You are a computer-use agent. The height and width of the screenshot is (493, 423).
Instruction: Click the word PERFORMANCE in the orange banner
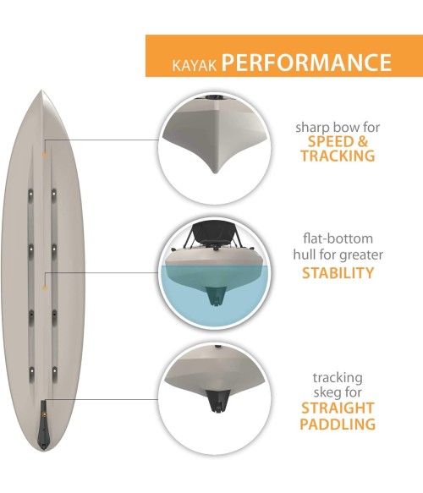[x=306, y=62]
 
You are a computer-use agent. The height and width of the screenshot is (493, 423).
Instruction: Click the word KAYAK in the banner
[x=195, y=64]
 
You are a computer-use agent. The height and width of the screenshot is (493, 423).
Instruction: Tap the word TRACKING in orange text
[x=338, y=156]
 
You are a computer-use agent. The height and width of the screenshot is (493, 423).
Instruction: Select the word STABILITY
[x=338, y=273]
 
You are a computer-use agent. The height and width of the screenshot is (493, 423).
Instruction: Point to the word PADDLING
[x=338, y=424]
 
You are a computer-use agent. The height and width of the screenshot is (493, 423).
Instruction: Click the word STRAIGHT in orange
[x=338, y=408]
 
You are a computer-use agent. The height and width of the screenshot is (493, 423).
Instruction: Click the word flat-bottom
[x=338, y=238]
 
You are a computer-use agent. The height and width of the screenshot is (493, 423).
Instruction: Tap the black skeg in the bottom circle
[x=217, y=401]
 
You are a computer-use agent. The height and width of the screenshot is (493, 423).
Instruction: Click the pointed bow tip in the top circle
[x=215, y=171]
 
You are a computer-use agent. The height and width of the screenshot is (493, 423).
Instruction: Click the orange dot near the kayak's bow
[x=45, y=155]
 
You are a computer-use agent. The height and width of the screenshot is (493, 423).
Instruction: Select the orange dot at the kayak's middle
[x=45, y=288]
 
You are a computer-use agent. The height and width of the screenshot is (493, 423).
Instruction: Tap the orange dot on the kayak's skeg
[x=44, y=414]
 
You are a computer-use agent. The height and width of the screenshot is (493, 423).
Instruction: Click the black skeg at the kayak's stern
[x=44, y=425]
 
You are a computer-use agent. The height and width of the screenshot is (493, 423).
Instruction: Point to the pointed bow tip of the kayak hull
[x=41, y=90]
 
